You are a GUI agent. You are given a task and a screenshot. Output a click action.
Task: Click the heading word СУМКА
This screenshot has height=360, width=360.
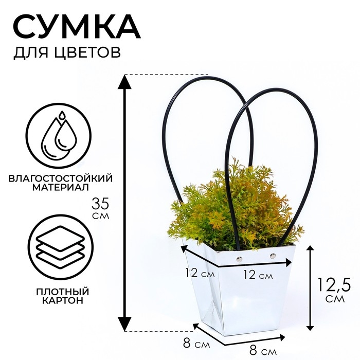coord(76,26)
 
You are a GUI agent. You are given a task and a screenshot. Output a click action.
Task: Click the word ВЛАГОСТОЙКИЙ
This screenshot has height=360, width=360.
coord(61,177)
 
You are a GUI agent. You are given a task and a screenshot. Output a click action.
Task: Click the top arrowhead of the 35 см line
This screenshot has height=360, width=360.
coord(123,79)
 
